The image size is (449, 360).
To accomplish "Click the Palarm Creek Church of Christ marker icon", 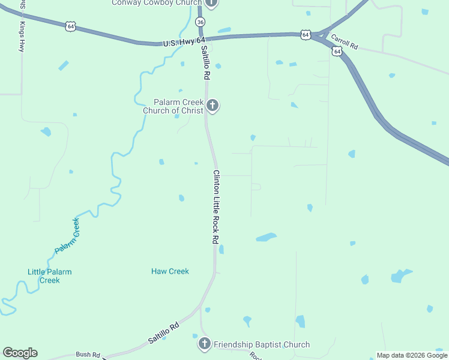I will point(212,106).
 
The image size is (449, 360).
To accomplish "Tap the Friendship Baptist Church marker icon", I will point(204,344).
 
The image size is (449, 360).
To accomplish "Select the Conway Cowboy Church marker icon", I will point(211,3).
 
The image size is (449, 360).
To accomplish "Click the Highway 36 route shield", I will point(200,22).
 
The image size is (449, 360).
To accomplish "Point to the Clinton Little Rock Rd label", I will point(215,206).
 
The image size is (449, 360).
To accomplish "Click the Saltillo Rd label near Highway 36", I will point(205,63).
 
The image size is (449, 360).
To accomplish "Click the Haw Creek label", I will point(170,271).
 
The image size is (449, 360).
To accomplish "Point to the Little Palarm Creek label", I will point(49,276).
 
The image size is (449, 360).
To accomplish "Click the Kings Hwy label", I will point(22,37).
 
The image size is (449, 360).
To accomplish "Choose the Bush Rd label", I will point(88,355).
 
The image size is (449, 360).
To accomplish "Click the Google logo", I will point(20,353).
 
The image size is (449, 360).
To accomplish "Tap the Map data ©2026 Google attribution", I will point(412,355).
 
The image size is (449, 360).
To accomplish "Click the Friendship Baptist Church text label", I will point(261,344).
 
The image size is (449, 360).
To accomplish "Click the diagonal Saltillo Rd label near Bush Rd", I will point(164,334).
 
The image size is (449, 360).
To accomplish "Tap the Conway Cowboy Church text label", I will point(156,3).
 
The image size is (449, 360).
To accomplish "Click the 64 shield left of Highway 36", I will point(71,26).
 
